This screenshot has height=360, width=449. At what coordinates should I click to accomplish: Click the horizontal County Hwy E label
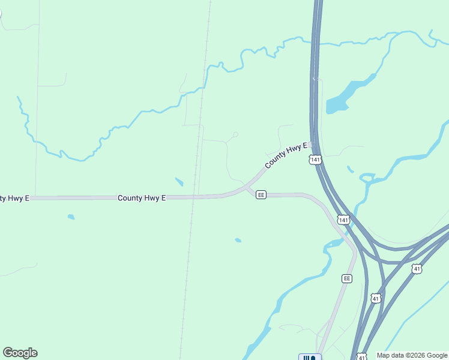point(142,198)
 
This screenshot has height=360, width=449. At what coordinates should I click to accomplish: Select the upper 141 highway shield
point(316,160)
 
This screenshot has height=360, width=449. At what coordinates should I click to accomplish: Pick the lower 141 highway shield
point(343,220)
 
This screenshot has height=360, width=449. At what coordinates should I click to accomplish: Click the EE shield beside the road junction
point(261,195)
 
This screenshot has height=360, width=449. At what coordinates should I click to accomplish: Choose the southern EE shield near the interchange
point(347,278)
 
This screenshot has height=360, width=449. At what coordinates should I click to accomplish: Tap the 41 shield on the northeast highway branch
point(417,269)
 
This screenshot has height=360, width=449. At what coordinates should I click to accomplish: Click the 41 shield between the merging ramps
point(376,298)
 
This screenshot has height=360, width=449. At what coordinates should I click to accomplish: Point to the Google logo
point(20,353)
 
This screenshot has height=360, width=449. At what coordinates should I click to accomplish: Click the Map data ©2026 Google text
point(412,355)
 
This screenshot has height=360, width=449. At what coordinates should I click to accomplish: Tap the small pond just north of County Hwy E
point(179,181)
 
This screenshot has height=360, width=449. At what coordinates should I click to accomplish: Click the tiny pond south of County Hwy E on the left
point(71,217)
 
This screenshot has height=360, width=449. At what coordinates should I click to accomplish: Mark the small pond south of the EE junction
point(238,241)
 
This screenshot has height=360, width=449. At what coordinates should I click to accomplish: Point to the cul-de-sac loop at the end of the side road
point(236,134)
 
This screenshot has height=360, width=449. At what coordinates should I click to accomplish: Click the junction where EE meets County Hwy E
point(246,188)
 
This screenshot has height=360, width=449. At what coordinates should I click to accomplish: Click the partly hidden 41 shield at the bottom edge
point(361,357)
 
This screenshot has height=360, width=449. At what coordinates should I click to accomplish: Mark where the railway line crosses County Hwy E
point(193,197)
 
